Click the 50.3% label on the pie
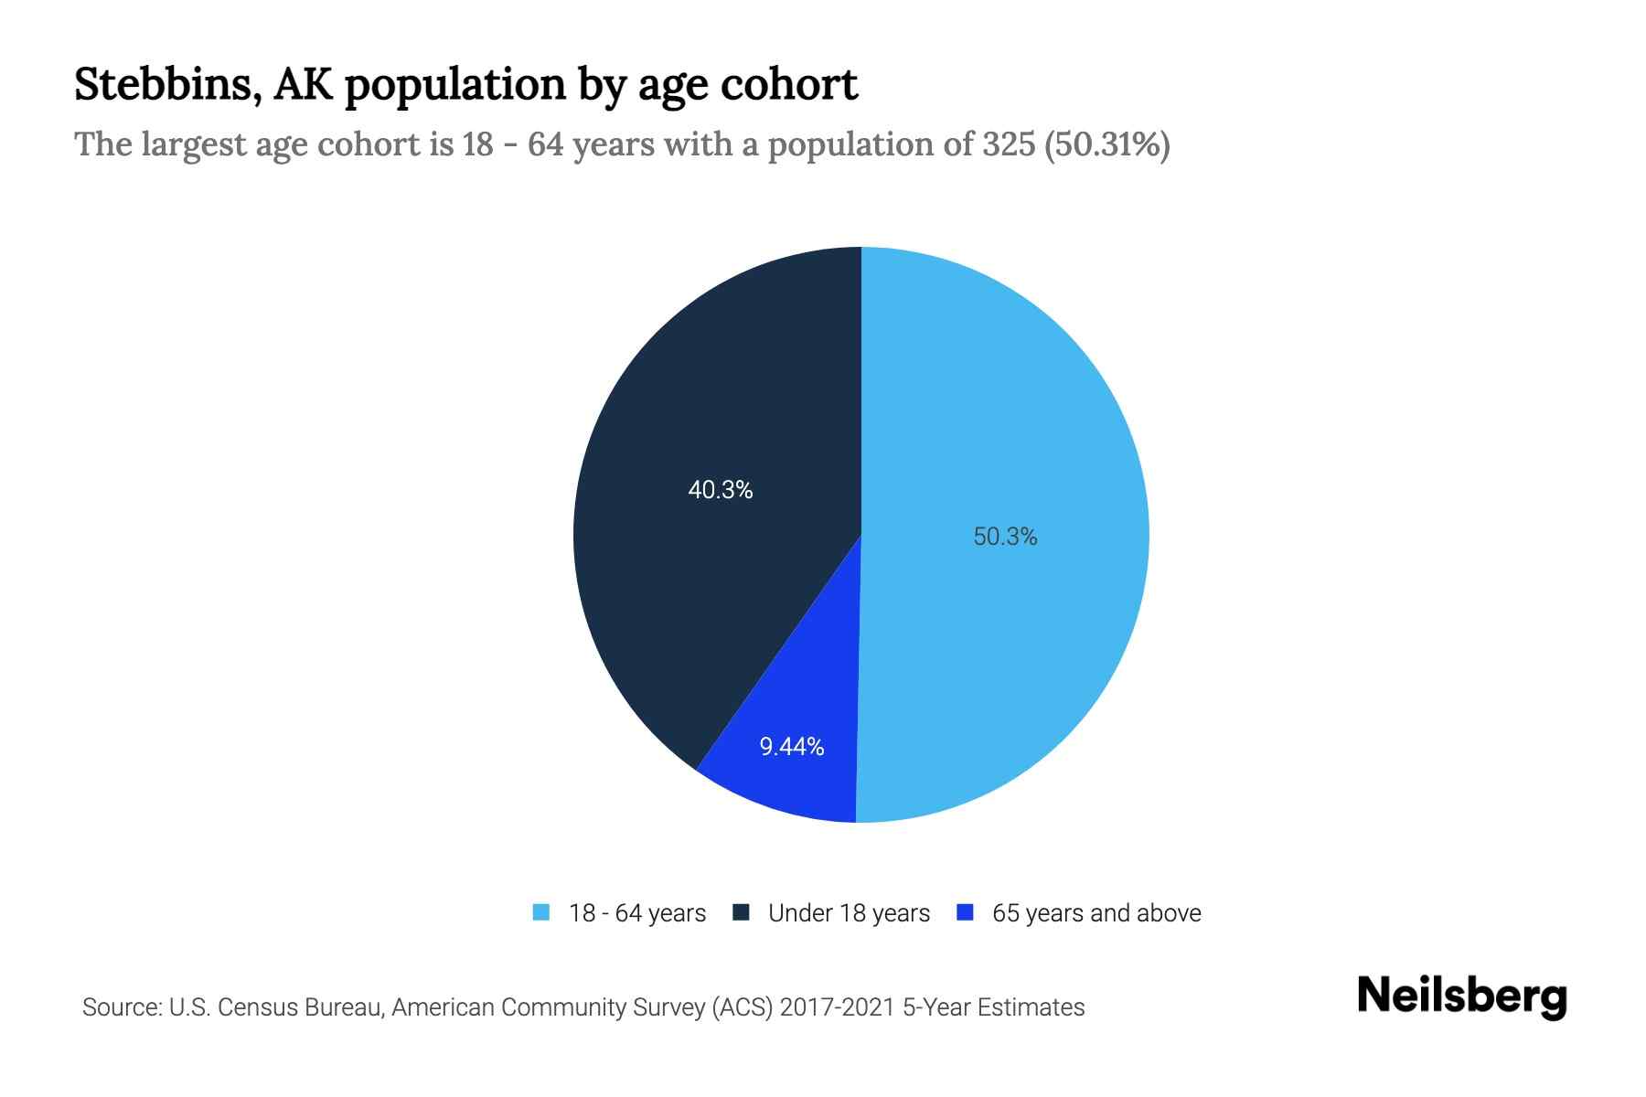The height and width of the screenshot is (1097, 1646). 1005,537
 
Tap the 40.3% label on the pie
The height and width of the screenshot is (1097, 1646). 721,491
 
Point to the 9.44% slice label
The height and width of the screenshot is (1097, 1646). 792,747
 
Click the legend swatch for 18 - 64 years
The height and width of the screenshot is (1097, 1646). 541,912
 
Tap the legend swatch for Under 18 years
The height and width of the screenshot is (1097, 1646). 742,912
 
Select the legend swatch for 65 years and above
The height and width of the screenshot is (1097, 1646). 965,912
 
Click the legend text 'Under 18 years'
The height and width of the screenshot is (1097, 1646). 849,913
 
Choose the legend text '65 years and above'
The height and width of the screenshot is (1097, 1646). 1096,913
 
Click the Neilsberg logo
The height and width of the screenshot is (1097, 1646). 1461,996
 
